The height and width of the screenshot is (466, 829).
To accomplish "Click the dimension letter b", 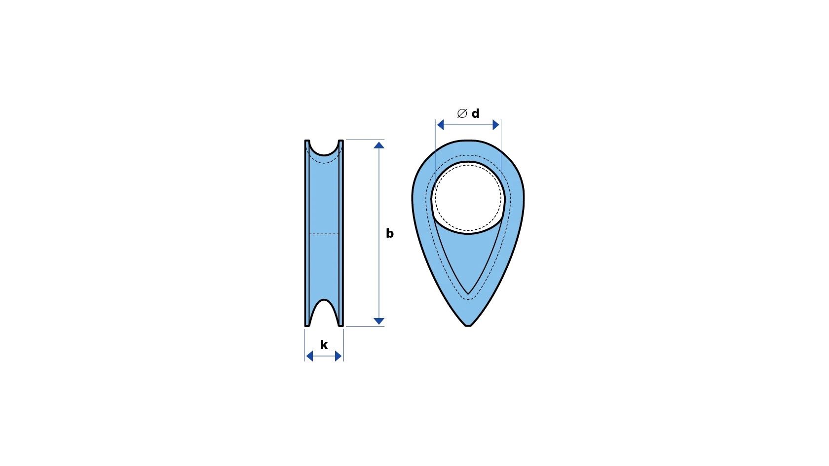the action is point(390,233).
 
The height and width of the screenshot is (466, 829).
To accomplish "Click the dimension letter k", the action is point(324,345).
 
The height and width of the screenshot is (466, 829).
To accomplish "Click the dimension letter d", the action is point(476,113).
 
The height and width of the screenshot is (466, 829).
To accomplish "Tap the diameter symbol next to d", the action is point(462,113).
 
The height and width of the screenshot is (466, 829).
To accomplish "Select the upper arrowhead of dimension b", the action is point(378,145).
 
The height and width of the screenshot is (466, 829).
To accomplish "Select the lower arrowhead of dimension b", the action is point(378,321).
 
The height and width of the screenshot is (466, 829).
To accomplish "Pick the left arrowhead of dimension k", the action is point(310,356).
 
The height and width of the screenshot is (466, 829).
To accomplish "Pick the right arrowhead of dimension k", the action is point(339,356).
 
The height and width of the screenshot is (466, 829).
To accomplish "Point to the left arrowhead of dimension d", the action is point(440,125).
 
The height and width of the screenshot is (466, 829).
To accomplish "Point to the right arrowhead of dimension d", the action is point(496,125).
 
